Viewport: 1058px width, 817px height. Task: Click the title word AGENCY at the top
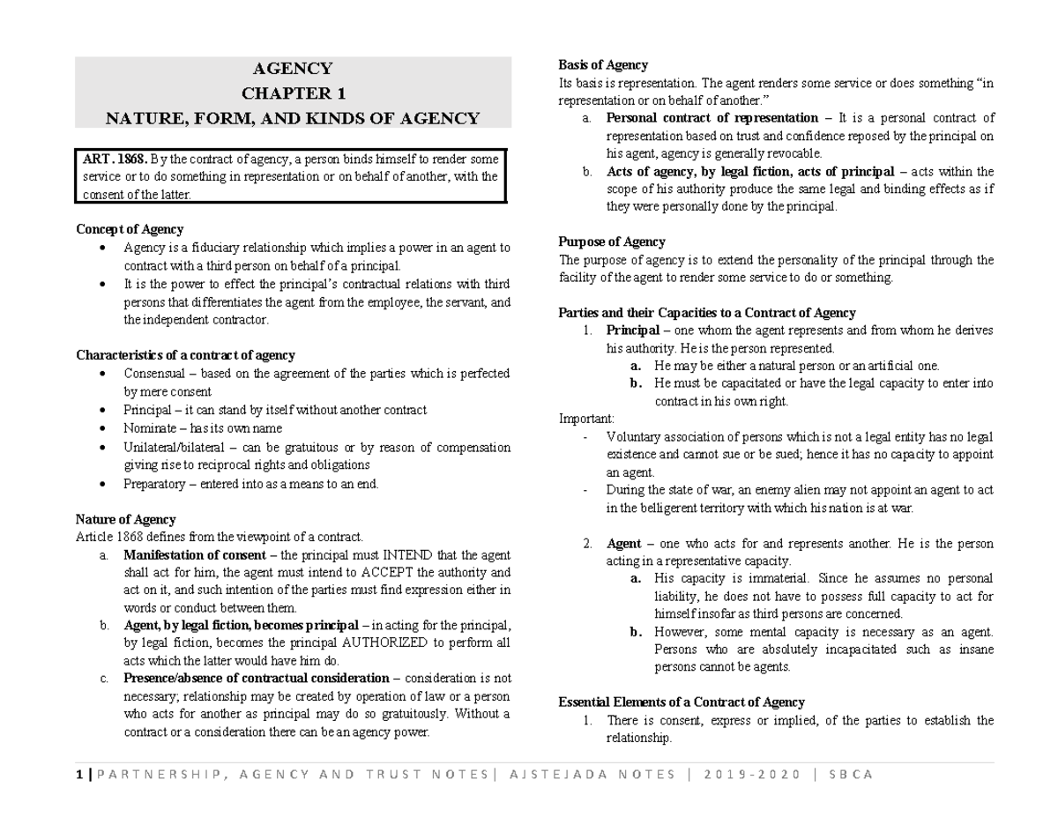point(293,69)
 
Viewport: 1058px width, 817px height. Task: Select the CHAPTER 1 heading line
point(293,93)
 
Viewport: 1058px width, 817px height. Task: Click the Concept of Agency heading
point(130,229)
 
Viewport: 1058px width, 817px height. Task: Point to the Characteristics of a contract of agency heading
point(185,355)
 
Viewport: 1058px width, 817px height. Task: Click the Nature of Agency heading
point(125,519)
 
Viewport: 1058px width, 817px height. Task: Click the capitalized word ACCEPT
point(367,573)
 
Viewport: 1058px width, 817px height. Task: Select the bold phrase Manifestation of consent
point(194,555)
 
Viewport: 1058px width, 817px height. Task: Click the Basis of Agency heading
point(603,64)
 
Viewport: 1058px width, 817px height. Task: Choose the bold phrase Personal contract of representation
point(712,118)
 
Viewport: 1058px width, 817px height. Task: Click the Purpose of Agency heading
point(612,241)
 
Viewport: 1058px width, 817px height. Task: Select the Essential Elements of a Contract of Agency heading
point(682,702)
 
